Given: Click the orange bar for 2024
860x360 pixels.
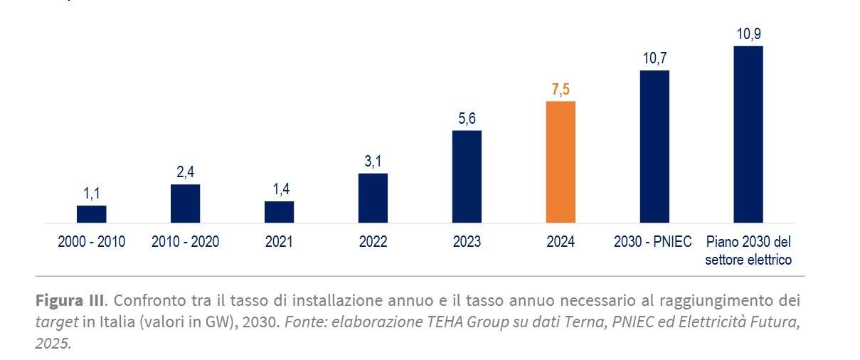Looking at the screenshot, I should pos(560,162).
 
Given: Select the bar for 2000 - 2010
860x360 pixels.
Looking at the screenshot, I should pos(91,214).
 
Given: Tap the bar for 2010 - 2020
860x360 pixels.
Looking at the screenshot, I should pos(185,203).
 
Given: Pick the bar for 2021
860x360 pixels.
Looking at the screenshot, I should pos(279,212).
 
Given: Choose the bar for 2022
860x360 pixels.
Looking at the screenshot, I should pos(373,198).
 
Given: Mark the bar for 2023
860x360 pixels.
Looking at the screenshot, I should pos(467,176).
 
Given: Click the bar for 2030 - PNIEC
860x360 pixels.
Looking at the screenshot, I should pos(654,147).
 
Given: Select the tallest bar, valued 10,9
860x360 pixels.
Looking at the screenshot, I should pos(748,134).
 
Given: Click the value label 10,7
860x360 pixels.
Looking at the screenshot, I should pos(654,58).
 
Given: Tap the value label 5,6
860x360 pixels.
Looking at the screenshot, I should pos(467,119).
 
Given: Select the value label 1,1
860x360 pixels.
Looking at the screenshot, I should pos(91,194).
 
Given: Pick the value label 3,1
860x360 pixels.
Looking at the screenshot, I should pos(373,162).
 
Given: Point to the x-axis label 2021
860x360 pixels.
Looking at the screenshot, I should pos(279,242).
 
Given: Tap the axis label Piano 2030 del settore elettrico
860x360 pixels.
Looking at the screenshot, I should pos(748,250).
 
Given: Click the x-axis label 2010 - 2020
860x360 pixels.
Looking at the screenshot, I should pos(185,242).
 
